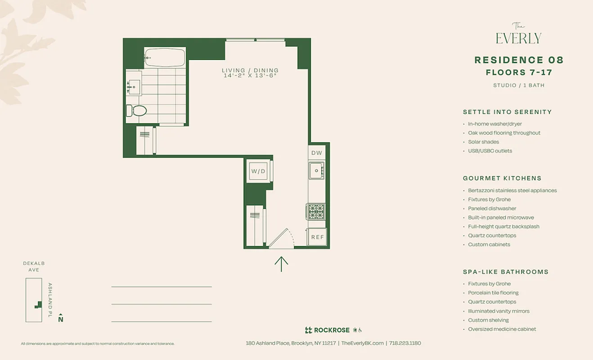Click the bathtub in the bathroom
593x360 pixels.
[165, 58]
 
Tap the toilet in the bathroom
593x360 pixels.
[137, 110]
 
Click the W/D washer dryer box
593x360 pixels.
[259, 171]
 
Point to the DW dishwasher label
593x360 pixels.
[317, 153]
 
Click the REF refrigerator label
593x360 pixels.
[317, 237]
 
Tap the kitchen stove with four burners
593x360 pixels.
[316, 211]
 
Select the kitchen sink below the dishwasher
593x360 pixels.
[316, 171]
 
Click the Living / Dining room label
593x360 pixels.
[250, 70]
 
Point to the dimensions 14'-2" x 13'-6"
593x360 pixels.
[250, 76]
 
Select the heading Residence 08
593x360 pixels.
[519, 60]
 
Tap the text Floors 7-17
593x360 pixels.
[519, 72]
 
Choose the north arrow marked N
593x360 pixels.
[61, 318]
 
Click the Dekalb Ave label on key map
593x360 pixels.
[34, 266]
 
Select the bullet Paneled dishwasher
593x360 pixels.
[492, 208]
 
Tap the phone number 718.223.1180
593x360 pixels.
[405, 343]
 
